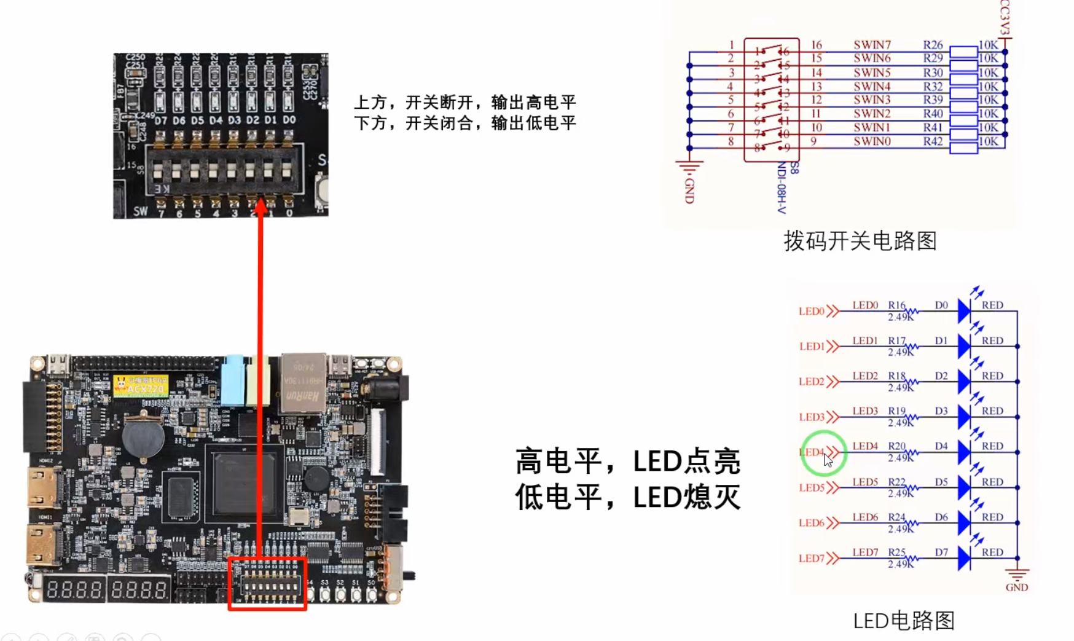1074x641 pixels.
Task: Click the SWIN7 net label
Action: click(x=872, y=45)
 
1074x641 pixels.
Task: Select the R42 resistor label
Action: click(x=933, y=141)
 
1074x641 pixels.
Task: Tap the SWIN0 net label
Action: click(x=872, y=141)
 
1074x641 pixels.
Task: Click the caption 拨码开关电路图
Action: click(x=860, y=241)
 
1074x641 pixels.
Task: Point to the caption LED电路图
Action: click(x=904, y=621)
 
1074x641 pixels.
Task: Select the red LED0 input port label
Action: click(x=812, y=312)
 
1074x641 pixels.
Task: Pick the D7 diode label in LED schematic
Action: click(x=941, y=553)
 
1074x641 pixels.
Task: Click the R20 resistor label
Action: click(x=896, y=446)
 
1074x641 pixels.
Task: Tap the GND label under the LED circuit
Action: click(x=1016, y=588)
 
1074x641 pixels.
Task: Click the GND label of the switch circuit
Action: click(x=689, y=191)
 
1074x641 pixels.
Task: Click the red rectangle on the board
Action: click(x=267, y=584)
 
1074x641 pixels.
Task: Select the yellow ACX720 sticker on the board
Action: click(x=141, y=386)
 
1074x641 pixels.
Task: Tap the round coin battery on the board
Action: click(x=143, y=437)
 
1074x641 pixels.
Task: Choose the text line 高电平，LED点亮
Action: click(x=627, y=462)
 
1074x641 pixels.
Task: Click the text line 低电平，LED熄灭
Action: click(x=627, y=497)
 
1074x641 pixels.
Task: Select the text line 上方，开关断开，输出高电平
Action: click(x=465, y=102)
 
